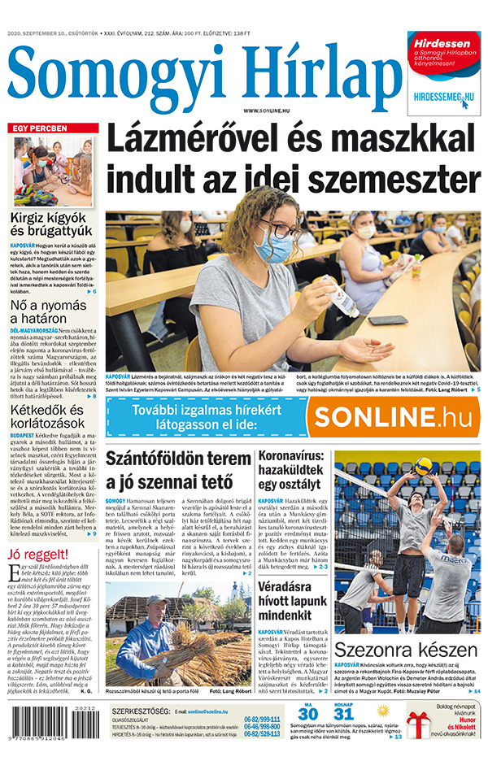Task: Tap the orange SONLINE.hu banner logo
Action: pos(392,416)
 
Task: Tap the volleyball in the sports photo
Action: pos(422,466)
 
